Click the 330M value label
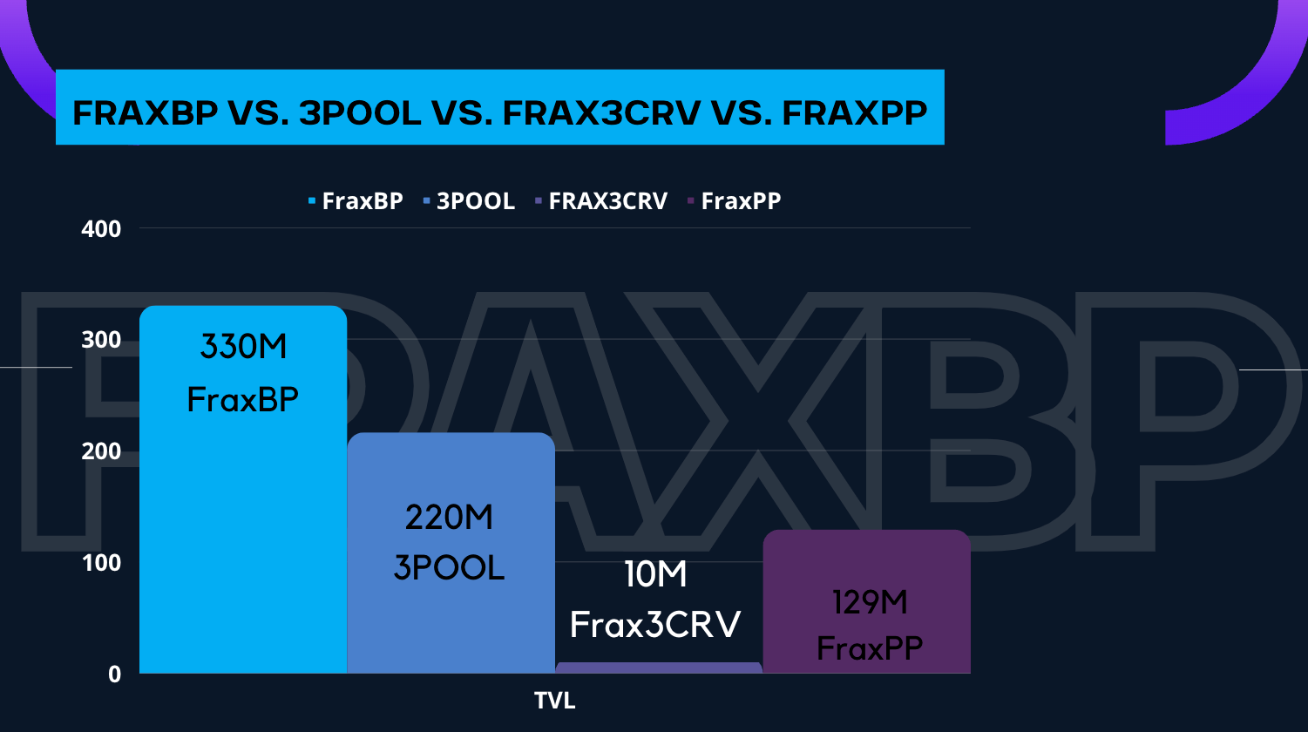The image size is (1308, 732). pos(243,346)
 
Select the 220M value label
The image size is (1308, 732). pos(449,517)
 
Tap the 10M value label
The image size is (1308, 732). pos(655,574)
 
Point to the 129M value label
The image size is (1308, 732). pos(870,602)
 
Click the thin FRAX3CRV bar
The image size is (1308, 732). pos(659,668)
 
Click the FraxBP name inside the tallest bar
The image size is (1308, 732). pos(243,400)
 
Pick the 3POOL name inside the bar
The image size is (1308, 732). pos(449,567)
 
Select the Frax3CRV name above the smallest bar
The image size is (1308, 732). pos(655,625)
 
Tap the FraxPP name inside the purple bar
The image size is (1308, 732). pos(870,648)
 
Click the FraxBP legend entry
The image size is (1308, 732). pos(356,200)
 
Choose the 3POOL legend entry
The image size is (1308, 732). pos(469,200)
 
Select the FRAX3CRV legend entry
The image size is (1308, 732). pos(601,200)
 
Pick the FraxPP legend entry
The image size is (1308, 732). pos(734,200)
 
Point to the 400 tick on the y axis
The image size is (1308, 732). pos(101,229)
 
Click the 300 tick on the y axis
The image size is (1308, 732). pos(101,340)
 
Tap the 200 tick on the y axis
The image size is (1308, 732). pos(101,451)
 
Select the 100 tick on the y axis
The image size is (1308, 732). pos(101,563)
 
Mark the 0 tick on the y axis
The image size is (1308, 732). pos(114,674)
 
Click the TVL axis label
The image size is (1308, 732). pos(555,701)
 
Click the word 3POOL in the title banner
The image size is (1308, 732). pos(360,112)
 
